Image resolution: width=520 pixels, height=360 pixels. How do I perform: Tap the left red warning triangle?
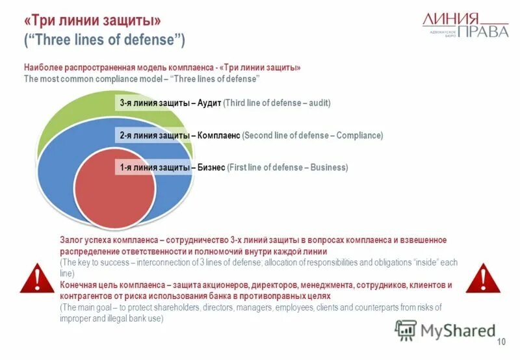pyautogui.click(x=37, y=279)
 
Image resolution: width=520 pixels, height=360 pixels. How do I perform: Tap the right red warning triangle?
pyautogui.click(x=484, y=279)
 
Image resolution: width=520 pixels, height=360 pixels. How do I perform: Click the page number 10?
pyautogui.click(x=500, y=342)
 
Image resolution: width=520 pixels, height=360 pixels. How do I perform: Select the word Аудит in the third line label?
pyautogui.click(x=207, y=103)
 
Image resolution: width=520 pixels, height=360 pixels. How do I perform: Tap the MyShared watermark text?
pyautogui.click(x=458, y=330)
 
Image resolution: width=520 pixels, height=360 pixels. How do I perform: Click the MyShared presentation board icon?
pyautogui.click(x=406, y=330)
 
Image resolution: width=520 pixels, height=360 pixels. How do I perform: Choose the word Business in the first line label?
pyautogui.click(x=329, y=168)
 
